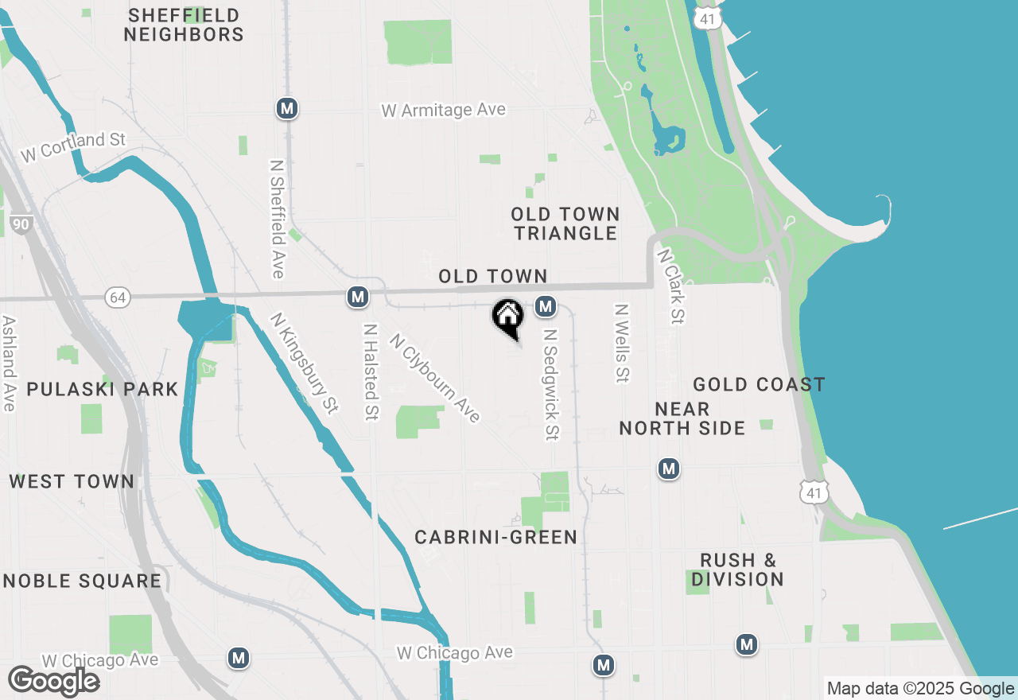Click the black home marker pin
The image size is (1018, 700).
point(508,317)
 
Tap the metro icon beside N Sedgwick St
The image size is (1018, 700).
point(545,306)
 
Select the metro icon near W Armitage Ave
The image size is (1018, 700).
point(287,108)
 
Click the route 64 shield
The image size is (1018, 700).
point(118,297)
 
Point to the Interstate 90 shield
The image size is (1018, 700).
point(21,224)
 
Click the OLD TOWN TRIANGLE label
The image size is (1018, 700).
point(565,224)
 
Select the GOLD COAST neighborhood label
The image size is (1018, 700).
point(759,385)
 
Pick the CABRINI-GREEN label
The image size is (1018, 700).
point(496,538)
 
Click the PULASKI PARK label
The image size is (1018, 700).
point(103,389)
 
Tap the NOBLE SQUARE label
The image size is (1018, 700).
point(83,581)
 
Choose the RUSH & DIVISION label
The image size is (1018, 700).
point(737,570)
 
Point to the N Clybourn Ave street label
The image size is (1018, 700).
point(434,377)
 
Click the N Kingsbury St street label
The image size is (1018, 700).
point(304,363)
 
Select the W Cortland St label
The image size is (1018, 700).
point(73,147)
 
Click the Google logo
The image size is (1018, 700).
point(53,681)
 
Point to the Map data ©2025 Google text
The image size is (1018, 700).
point(920,689)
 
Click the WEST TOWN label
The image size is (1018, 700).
point(72,482)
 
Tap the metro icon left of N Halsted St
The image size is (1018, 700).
point(358,297)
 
